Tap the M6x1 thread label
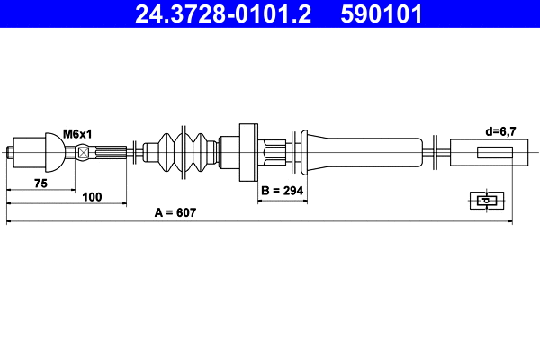point(78,132)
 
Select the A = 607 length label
point(175,213)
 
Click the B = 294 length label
point(283,191)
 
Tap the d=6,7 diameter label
point(500,132)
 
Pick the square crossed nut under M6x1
point(84,151)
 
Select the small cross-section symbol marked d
point(487,201)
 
